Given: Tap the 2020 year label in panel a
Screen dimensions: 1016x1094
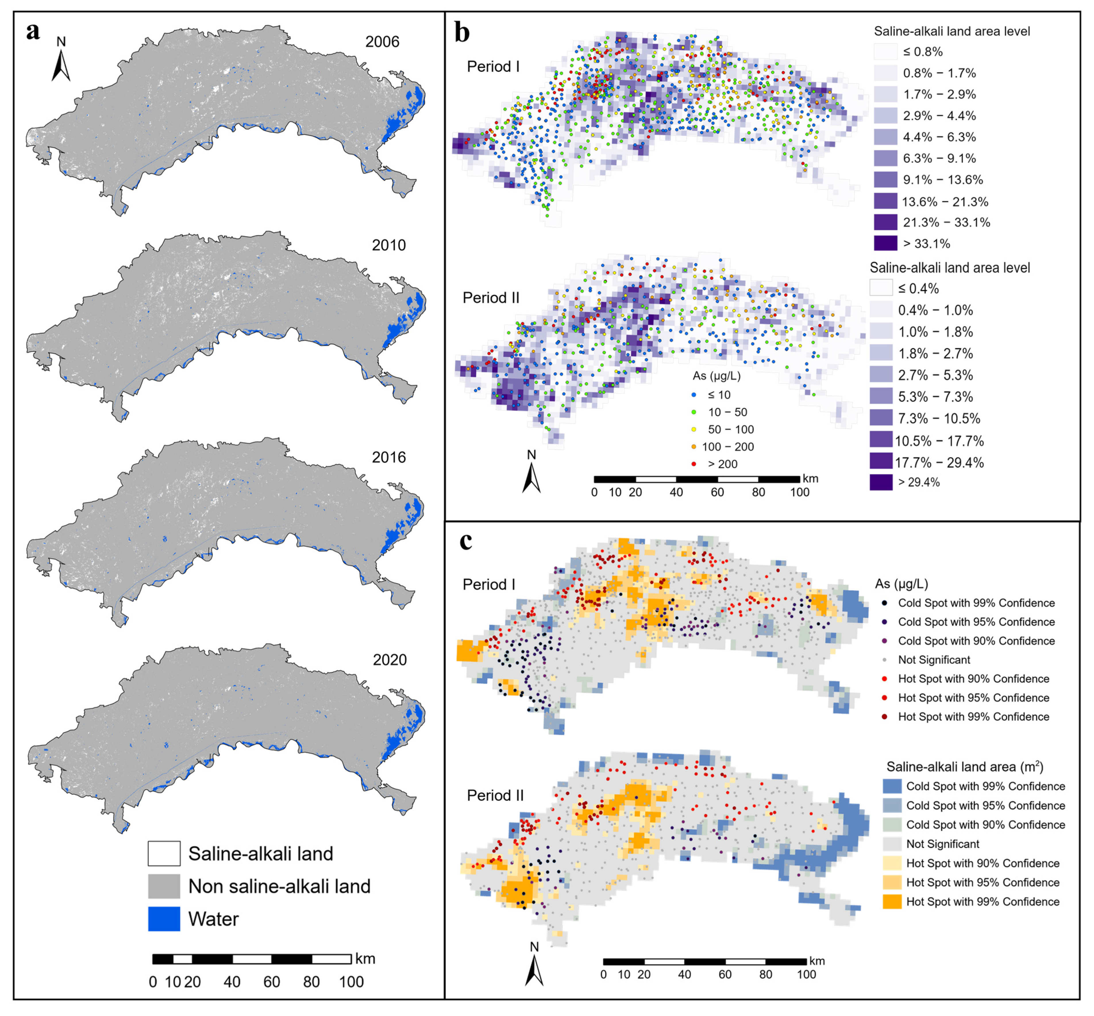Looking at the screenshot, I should (389, 660).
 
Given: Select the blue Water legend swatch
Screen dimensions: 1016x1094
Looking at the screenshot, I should (164, 919).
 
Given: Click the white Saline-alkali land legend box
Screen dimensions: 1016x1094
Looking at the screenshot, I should (164, 853).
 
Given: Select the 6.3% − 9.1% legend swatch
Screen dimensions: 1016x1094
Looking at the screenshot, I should (885, 158).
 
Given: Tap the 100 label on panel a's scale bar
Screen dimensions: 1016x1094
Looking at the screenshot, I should (351, 982).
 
